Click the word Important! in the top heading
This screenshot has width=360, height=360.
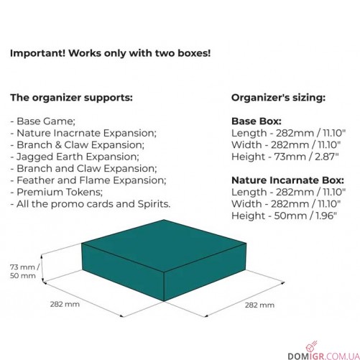37,53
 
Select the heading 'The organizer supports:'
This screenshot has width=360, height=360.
71,98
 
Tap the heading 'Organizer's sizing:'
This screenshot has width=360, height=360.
278,98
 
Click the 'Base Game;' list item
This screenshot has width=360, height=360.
43,121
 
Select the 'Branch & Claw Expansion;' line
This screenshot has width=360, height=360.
78,145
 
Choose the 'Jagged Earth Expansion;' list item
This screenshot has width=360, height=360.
75,157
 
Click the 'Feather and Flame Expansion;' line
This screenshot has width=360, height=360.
88,180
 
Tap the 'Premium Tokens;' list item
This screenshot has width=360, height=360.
57,192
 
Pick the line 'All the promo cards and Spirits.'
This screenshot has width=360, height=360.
91,204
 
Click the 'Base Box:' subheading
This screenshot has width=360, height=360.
257,121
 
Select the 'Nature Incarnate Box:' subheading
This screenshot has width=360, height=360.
287,180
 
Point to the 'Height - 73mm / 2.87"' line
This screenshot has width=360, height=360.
285,157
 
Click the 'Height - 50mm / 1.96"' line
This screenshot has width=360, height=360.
284,216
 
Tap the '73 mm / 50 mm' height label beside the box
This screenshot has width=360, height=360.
24,272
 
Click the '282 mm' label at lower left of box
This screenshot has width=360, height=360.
65,305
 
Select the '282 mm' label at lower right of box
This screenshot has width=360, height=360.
259,305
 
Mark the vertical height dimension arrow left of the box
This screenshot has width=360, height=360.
42,268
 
